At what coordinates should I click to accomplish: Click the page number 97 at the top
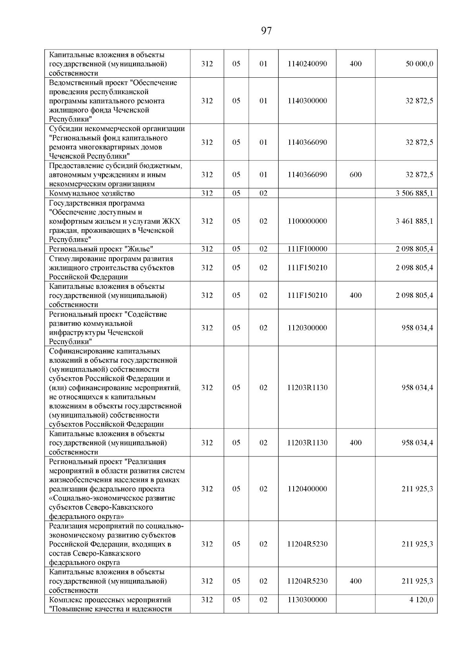click(x=266, y=31)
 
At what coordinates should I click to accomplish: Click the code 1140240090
click(x=307, y=64)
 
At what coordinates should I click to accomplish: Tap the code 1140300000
click(x=307, y=101)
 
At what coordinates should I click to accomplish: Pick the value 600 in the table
click(x=355, y=175)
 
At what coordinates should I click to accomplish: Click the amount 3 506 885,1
click(x=414, y=193)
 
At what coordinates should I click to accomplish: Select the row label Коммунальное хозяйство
click(x=92, y=193)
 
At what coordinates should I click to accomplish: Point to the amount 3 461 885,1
click(x=414, y=221)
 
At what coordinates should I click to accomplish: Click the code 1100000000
click(x=307, y=221)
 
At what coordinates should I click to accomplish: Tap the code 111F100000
click(x=307, y=249)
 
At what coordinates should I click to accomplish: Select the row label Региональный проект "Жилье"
click(x=101, y=249)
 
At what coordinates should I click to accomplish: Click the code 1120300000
click(x=307, y=328)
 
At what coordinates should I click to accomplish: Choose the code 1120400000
click(x=307, y=489)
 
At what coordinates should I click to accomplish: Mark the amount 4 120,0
click(x=421, y=600)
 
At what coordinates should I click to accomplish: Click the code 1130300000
click(x=307, y=600)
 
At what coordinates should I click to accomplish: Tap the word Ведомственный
click(x=74, y=83)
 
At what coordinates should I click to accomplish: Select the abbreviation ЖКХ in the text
click(x=172, y=221)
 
